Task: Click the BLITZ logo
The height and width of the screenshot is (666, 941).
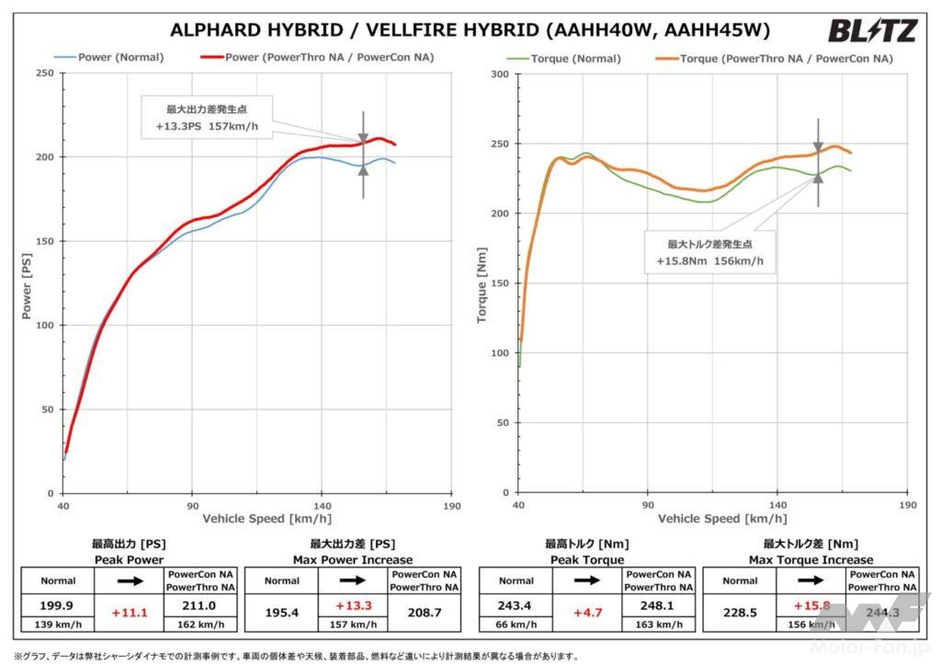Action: tap(872, 31)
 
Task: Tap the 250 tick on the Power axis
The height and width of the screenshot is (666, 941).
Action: tap(43, 74)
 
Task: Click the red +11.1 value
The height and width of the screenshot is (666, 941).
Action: tap(129, 608)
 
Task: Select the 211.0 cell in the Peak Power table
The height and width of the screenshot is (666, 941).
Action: tap(199, 606)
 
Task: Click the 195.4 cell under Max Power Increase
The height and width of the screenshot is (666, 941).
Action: tap(281, 606)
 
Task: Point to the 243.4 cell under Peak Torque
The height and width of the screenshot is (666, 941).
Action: tap(516, 606)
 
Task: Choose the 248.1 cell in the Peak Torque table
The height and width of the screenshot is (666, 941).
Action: tap(658, 606)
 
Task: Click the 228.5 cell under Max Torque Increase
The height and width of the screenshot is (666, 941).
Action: tap(740, 606)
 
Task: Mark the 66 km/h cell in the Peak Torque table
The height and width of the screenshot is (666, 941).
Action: tap(516, 625)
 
